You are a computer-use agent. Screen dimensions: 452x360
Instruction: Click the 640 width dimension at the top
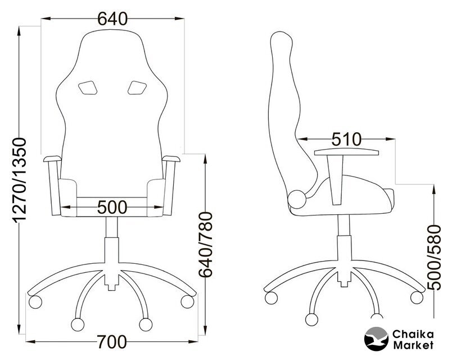tap(112, 19)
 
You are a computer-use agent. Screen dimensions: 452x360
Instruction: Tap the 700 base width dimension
tap(112, 342)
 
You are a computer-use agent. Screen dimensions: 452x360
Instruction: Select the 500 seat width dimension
tap(112, 207)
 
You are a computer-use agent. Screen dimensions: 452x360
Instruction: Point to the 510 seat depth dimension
tap(346, 139)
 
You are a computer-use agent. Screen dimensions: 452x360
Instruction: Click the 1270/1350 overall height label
tap(19, 181)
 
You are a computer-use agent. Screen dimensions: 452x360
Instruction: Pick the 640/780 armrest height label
tap(206, 245)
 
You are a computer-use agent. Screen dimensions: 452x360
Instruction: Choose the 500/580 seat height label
tap(434, 258)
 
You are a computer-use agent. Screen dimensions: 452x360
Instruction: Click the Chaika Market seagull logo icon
tap(377, 339)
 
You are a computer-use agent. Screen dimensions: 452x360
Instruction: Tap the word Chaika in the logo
tap(413, 334)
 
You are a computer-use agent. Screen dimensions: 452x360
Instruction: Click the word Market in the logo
tap(413, 345)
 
